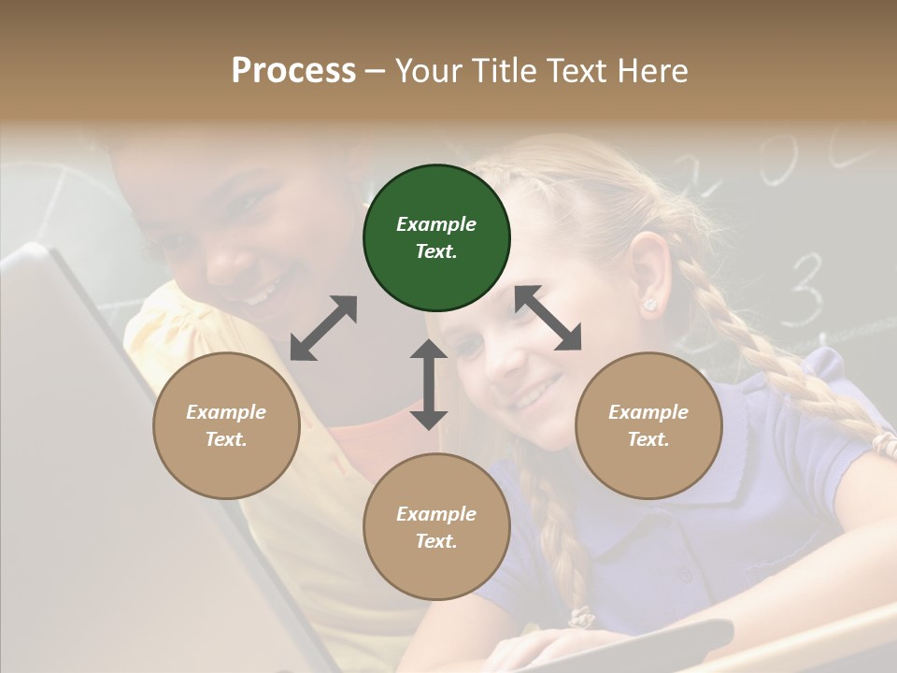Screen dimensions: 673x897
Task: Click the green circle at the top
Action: [x=436, y=238]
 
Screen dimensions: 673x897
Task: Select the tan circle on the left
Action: [x=226, y=426]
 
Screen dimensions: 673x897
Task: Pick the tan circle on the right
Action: [x=648, y=426]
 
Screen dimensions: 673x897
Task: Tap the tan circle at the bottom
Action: [x=436, y=527]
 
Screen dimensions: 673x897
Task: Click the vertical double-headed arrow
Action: [x=429, y=384]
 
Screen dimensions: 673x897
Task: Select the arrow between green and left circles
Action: [x=323, y=328]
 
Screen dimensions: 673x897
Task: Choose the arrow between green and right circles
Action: [x=548, y=318]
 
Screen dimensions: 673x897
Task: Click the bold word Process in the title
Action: [x=293, y=71]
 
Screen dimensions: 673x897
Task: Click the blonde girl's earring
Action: [x=649, y=305]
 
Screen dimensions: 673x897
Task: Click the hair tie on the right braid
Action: [x=883, y=439]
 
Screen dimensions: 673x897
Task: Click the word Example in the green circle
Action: [x=436, y=224]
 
